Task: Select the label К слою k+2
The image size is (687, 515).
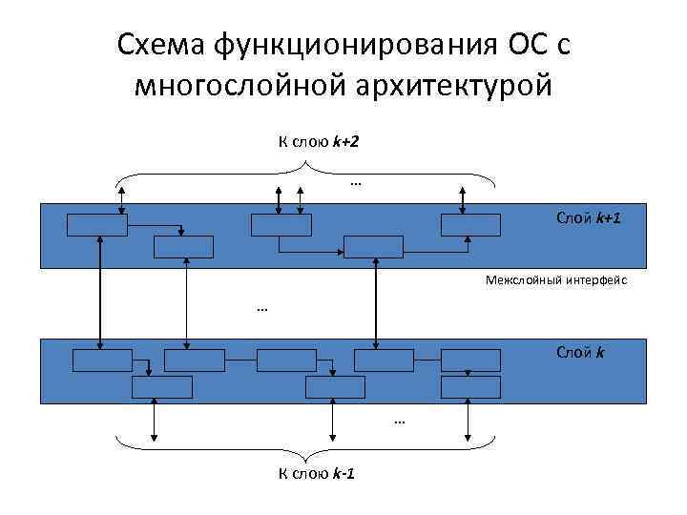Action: [x=318, y=142]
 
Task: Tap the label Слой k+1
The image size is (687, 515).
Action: [x=589, y=218]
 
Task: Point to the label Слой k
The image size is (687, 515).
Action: [x=580, y=352]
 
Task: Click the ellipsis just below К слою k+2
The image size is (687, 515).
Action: [x=356, y=181]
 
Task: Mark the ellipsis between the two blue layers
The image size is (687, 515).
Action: [x=262, y=308]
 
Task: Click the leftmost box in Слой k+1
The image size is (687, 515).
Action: [x=96, y=225]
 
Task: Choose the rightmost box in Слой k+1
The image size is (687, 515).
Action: [x=470, y=225]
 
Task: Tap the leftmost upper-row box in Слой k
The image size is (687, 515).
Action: [x=103, y=360]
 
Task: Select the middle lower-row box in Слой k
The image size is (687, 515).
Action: [x=335, y=387]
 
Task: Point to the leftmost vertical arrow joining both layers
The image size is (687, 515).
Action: [x=100, y=293]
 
